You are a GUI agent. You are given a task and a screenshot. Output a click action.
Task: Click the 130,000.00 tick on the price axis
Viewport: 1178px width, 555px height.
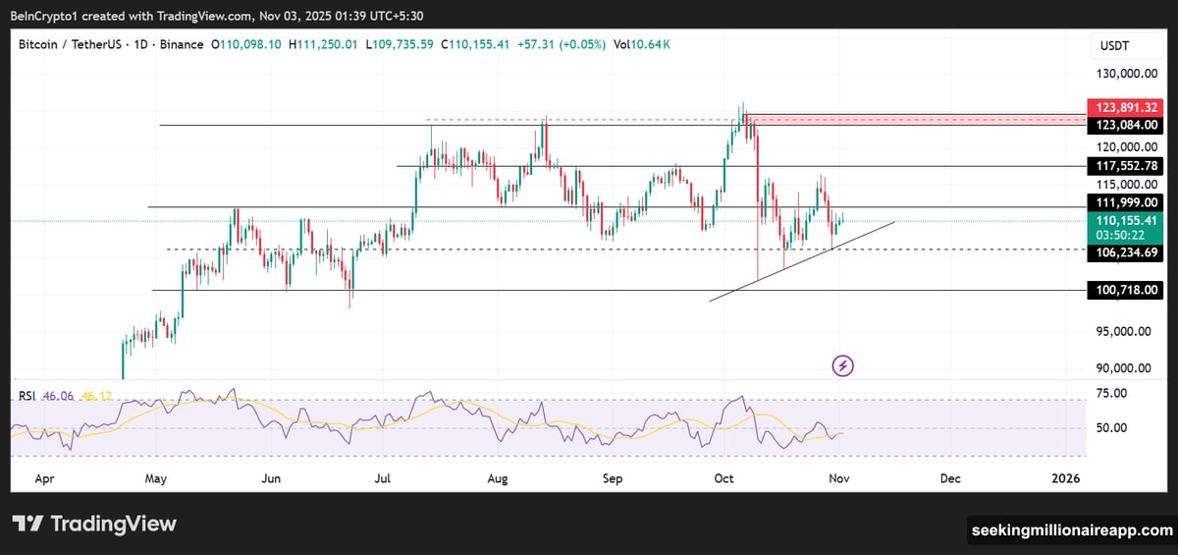pos(1123,74)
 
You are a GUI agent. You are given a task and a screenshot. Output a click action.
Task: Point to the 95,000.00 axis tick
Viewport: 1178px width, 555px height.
pos(1125,331)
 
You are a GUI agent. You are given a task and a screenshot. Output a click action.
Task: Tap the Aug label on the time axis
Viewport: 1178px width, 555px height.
pos(498,478)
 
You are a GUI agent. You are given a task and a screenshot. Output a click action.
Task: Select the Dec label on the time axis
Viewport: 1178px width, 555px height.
pos(949,478)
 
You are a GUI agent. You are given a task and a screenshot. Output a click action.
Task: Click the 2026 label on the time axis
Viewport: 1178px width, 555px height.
pos(1065,478)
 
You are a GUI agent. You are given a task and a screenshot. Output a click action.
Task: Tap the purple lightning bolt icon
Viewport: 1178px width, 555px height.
pos(843,366)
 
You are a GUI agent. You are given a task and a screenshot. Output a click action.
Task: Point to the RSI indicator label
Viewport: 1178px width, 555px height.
pos(27,396)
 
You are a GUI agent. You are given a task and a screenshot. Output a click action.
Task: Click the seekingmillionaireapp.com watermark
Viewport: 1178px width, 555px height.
pos(1071,530)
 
